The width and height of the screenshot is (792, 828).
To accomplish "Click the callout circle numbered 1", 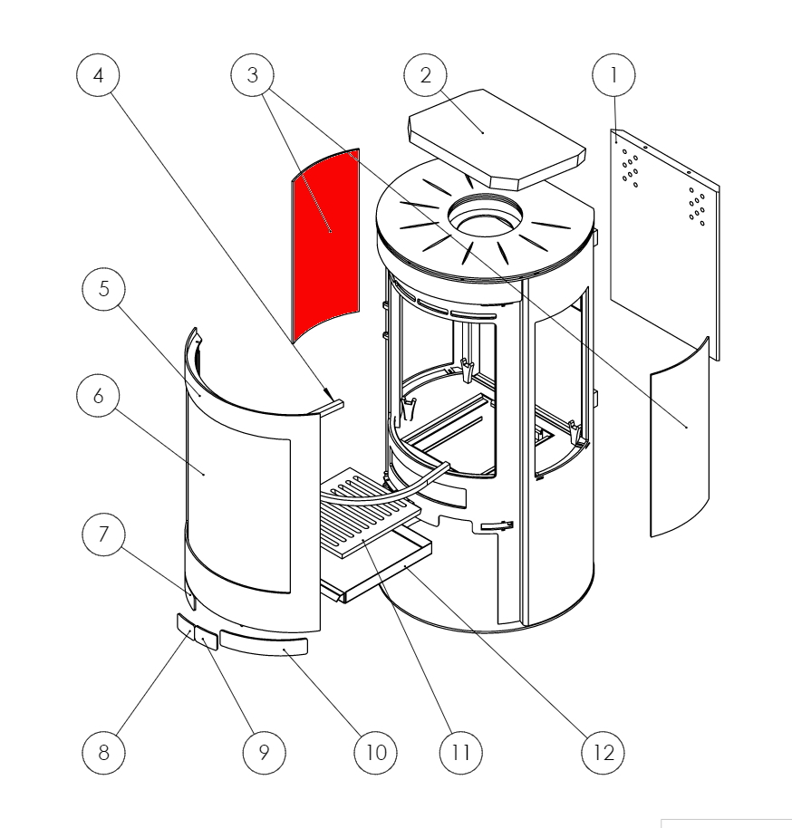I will pyautogui.click(x=613, y=76).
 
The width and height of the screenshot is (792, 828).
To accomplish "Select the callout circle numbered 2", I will pyautogui.click(x=426, y=76).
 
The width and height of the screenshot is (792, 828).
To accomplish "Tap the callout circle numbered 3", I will pyautogui.click(x=252, y=76).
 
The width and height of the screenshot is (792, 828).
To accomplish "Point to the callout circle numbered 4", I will pyautogui.click(x=98, y=76).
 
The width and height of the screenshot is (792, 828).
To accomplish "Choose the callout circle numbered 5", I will pyautogui.click(x=102, y=290).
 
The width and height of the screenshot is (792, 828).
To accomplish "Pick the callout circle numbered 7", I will pyautogui.click(x=102, y=535).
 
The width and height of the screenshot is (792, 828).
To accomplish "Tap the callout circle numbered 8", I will pyautogui.click(x=102, y=752).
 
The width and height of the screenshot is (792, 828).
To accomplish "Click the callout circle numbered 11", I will pyautogui.click(x=460, y=752).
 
